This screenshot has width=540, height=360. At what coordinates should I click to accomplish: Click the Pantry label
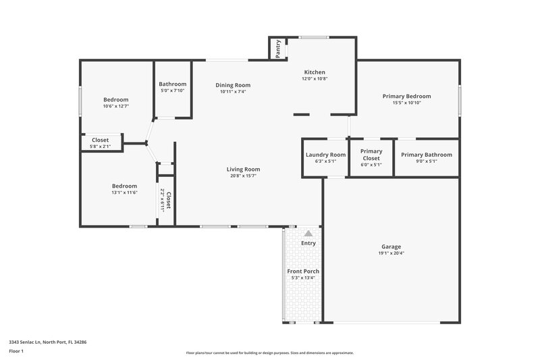[278, 49]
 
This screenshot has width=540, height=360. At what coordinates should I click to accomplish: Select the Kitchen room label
[315, 72]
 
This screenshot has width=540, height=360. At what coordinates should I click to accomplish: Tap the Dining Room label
[233, 85]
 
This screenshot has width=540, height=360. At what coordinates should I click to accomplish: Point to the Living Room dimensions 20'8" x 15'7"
[243, 176]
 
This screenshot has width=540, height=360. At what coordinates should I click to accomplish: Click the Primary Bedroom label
[406, 96]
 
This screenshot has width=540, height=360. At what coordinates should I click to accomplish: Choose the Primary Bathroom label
[427, 155]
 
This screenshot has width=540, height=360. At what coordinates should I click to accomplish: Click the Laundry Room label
[325, 155]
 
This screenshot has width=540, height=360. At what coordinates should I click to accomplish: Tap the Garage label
[391, 247]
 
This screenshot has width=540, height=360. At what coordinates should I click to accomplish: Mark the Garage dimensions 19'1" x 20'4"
[391, 253]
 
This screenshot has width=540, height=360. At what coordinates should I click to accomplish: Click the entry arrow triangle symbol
[308, 233]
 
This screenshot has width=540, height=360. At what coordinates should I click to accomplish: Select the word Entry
[308, 243]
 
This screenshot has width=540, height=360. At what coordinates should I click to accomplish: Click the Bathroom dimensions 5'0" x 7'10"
[171, 91]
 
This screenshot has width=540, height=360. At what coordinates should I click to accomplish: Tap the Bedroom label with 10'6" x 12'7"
[115, 99]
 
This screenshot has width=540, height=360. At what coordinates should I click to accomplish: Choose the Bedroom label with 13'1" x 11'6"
[124, 186]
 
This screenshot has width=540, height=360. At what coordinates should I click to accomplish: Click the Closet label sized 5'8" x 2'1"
[100, 140]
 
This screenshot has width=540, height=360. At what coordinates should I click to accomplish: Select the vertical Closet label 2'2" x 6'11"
[168, 200]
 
